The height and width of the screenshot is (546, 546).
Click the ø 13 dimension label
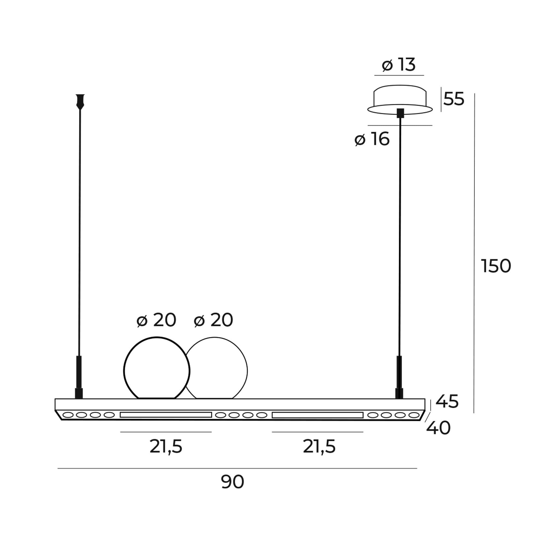tap(399, 65)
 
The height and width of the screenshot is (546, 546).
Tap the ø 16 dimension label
tap(372, 139)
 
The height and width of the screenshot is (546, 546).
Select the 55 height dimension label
tap(453, 99)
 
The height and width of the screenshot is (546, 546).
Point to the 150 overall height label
tap(496, 266)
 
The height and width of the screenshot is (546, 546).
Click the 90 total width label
tap(232, 482)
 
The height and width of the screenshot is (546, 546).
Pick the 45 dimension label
tap(447, 401)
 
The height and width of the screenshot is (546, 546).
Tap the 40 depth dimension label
tap(438, 428)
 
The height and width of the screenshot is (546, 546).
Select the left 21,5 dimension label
tap(166, 447)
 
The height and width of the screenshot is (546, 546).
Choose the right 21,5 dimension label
tap(319, 447)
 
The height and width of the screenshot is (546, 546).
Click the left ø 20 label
tap(156, 320)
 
